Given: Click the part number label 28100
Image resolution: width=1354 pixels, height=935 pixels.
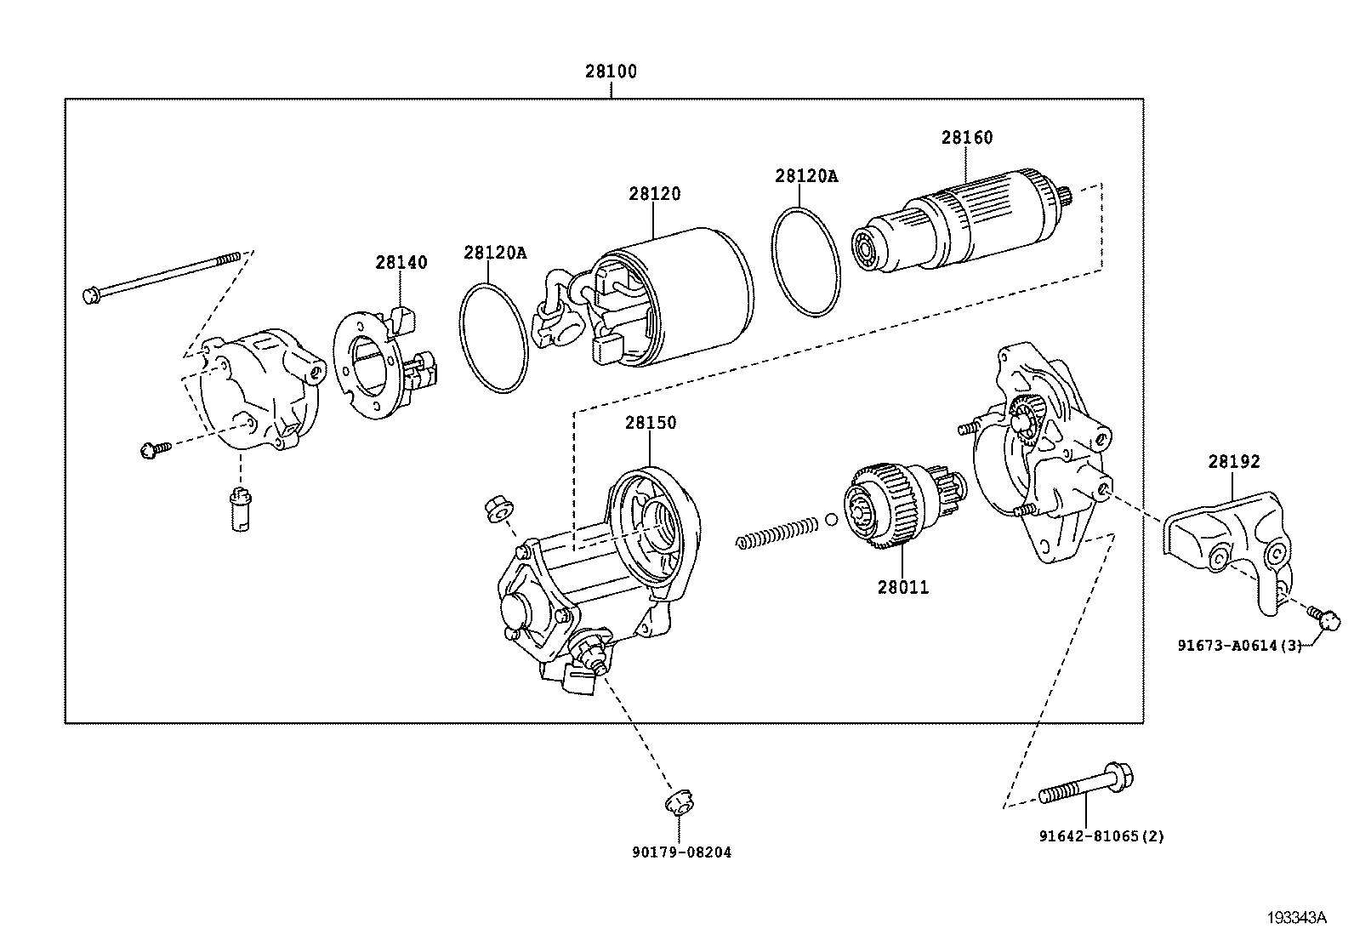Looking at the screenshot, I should pyautogui.click(x=610, y=72).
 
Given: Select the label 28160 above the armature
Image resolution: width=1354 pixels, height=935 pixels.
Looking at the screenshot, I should pyautogui.click(x=966, y=138).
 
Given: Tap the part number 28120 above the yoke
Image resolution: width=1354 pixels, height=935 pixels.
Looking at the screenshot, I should pyautogui.click(x=654, y=194).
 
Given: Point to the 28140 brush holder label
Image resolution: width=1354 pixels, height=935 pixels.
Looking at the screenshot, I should pyautogui.click(x=401, y=262).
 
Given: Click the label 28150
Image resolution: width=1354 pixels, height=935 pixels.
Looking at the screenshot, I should pyautogui.click(x=651, y=423).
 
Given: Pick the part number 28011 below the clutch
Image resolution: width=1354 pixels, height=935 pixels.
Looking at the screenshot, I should pyautogui.click(x=903, y=587).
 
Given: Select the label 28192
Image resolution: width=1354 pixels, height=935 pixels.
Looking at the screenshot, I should pyautogui.click(x=1233, y=462).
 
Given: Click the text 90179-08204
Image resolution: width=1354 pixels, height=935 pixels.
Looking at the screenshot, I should pyautogui.click(x=681, y=852).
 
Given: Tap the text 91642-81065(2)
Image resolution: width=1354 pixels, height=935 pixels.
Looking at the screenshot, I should pyautogui.click(x=1101, y=836).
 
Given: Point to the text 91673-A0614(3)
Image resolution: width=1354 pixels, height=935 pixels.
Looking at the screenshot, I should pyautogui.click(x=1239, y=646).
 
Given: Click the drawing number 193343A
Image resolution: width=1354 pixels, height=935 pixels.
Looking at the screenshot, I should pyautogui.click(x=1297, y=917).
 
